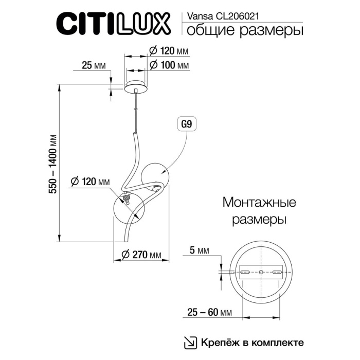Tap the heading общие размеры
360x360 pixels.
tap(243, 31)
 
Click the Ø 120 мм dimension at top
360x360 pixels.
tap(168, 51)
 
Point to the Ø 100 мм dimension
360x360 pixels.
tap(168, 65)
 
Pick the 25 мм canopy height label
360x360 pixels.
tap(94, 65)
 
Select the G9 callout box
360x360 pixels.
tap(187, 124)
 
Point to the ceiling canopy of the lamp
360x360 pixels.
tap(135, 85)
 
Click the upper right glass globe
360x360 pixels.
tap(155, 175)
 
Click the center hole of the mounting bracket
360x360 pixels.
tap(261, 272)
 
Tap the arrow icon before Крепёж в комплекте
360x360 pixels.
tap(190, 342)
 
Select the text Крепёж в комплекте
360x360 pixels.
tap(252, 342)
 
